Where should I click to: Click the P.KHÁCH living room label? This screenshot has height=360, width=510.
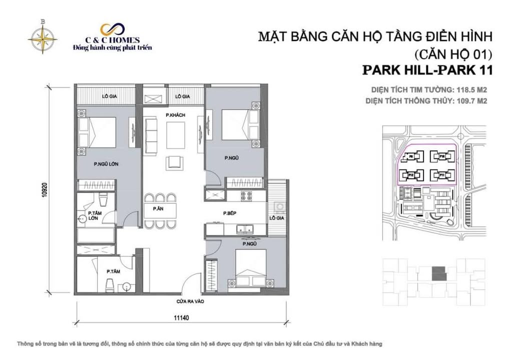tap(176, 115)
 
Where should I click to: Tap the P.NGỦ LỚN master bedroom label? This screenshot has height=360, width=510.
tap(106, 163)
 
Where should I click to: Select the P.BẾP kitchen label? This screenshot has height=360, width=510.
tap(230, 213)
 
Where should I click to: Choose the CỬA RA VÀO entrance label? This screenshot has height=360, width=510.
tap(190, 302)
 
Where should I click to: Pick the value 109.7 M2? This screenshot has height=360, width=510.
tap(468, 100)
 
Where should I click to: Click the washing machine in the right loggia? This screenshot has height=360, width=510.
tap(280, 206)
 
